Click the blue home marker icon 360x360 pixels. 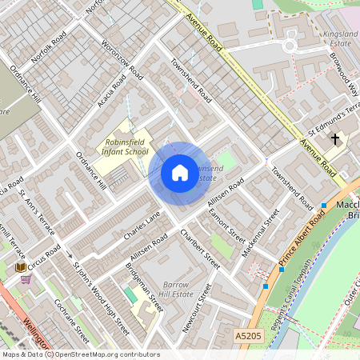coord(179,173)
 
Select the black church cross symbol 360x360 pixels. coord(335,139)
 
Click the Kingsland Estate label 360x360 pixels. coord(340,39)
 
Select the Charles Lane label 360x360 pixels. coord(142,226)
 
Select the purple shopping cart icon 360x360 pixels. coord(26,279)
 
